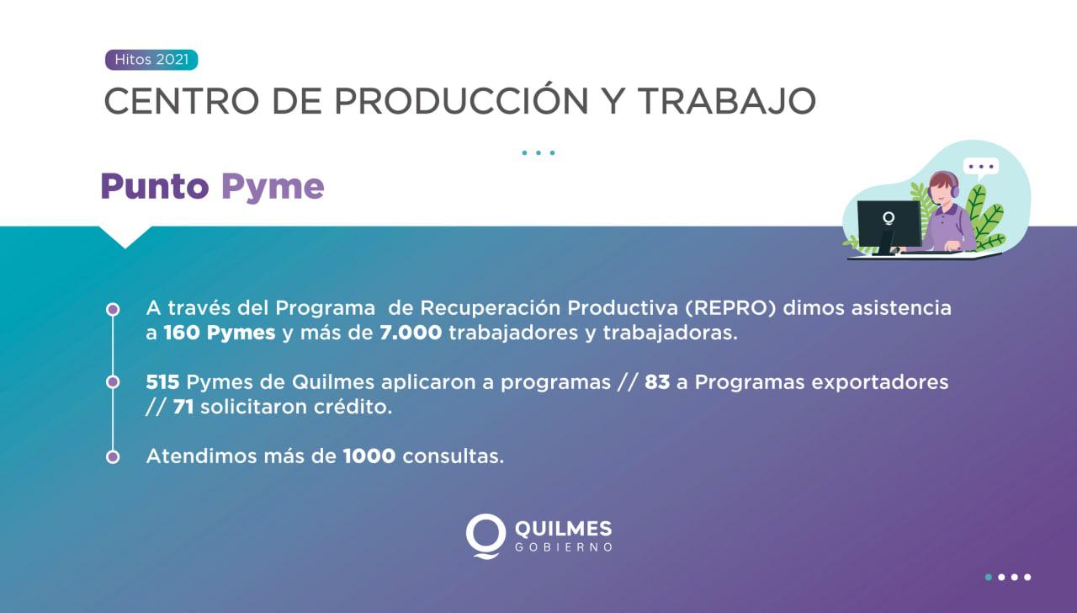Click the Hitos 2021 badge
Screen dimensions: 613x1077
click(x=151, y=61)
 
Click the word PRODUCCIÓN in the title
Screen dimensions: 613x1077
click(x=461, y=101)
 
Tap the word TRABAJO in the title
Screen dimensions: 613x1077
click(x=726, y=101)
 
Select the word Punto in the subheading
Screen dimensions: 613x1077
click(x=155, y=186)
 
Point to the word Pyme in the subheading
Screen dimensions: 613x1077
click(x=273, y=187)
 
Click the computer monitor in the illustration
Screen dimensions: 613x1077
click(x=889, y=223)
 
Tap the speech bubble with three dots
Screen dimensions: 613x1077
click(x=980, y=167)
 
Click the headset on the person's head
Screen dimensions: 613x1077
click(x=952, y=187)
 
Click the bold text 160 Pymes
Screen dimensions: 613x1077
click(x=220, y=333)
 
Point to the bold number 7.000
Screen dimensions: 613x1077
click(x=411, y=333)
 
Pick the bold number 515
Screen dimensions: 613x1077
click(x=162, y=382)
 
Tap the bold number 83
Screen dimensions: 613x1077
click(x=657, y=382)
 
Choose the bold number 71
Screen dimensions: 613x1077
click(x=184, y=407)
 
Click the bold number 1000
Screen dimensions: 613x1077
click(x=369, y=456)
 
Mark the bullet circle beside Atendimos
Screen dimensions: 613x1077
click(x=113, y=456)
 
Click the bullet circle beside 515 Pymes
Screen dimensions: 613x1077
click(x=113, y=382)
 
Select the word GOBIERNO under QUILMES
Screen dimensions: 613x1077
click(x=562, y=548)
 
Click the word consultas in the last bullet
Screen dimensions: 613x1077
click(x=453, y=456)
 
